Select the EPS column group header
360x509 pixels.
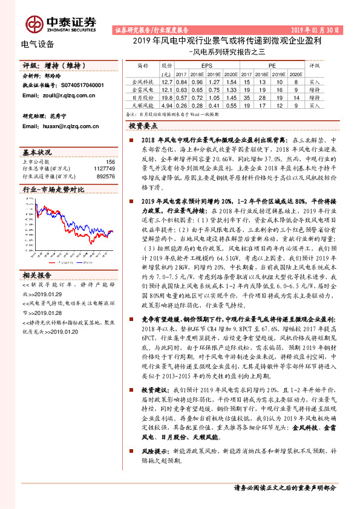pyautogui.click(x=206, y=63)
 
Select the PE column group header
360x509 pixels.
pyautogui.click(x=272, y=63)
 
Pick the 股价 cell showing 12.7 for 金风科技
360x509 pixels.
pyautogui.click(x=168, y=81)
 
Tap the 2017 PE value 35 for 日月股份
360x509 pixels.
pyautogui.click(x=246, y=97)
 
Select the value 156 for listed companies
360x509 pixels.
pyautogui.click(x=110, y=162)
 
